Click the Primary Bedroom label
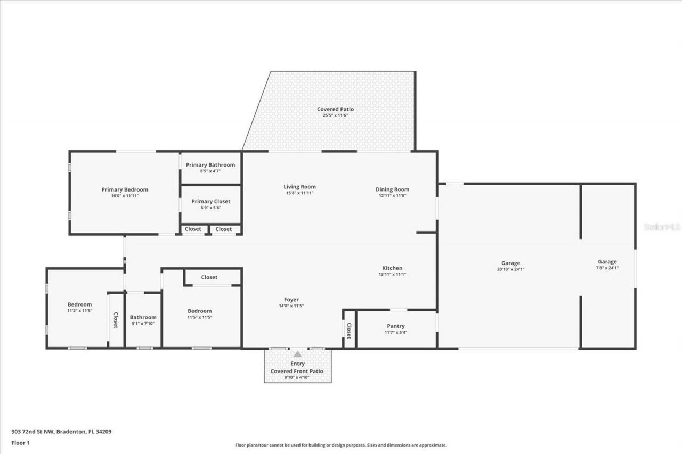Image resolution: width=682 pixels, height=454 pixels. click(125, 189)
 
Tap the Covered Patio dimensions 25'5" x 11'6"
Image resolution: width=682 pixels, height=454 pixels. click(335, 115)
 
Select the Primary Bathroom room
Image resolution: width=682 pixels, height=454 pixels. click(210, 168)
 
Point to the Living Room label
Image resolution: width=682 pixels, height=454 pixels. click(299, 187)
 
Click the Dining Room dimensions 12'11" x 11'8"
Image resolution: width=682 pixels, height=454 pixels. click(392, 195)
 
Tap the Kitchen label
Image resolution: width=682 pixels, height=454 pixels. click(392, 268)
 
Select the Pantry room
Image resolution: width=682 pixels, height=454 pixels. click(395, 329)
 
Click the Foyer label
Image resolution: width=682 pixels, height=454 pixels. click(291, 300)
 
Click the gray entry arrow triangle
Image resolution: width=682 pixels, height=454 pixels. click(297, 354)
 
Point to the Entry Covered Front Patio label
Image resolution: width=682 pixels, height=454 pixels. click(297, 367)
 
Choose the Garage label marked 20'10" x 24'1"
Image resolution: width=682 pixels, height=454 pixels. click(510, 263)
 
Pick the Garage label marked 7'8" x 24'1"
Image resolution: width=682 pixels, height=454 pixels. click(607, 261)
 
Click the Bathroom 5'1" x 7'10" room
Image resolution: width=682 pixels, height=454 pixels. click(143, 320)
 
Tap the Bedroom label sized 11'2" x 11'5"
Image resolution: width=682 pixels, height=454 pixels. click(79, 304)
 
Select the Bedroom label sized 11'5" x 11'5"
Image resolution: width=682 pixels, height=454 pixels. click(200, 311)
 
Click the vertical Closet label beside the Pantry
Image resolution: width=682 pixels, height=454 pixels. click(349, 331)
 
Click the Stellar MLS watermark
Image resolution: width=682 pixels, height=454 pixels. click(662, 227)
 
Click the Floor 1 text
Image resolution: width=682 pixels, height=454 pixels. click(20, 443)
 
